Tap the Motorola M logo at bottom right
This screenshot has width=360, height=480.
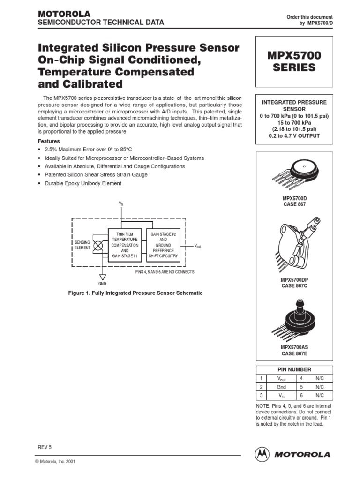pos(262,454)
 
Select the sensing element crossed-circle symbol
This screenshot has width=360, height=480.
pos(98,245)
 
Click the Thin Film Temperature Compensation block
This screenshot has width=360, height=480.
pos(125,245)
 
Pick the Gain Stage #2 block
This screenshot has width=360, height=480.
pos(163,245)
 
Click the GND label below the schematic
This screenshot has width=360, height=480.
pos(102,284)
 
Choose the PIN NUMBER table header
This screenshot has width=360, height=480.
pos(294,369)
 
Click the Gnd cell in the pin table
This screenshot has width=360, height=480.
pos(281,387)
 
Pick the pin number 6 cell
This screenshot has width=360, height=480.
pos(302,396)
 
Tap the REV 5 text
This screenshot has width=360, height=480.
pos(44,447)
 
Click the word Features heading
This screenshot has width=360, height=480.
pos(49,141)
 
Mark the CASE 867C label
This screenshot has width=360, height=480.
pos(294,286)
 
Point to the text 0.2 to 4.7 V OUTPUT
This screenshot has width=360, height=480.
pos(294,136)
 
